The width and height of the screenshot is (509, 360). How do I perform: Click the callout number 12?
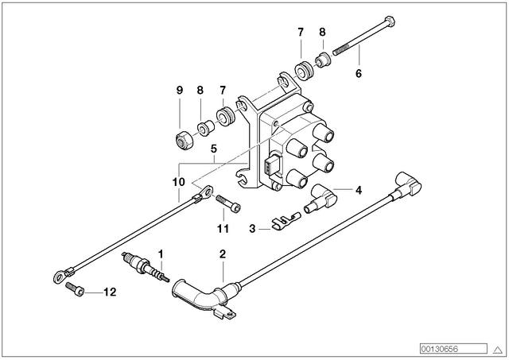(110, 292)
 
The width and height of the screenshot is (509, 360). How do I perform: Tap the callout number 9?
(180, 90)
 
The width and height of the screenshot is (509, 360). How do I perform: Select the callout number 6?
(359, 74)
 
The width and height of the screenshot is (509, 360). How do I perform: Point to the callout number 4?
(359, 191)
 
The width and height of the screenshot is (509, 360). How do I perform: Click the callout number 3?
(252, 229)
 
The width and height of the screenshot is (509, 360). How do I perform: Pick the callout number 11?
(223, 229)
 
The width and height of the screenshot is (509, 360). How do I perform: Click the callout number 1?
(161, 254)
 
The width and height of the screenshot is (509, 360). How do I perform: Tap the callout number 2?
(223, 254)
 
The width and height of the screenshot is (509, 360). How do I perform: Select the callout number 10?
(178, 182)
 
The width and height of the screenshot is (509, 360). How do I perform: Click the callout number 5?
(214, 149)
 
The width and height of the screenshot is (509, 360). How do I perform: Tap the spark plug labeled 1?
(146, 267)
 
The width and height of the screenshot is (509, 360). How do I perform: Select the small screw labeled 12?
(75, 288)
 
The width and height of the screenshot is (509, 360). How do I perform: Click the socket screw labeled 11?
(228, 203)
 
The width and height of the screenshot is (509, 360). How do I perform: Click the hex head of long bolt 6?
(389, 21)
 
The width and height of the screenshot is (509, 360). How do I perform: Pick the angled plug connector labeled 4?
(320, 199)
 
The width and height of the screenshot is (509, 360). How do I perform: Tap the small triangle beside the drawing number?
(498, 350)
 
